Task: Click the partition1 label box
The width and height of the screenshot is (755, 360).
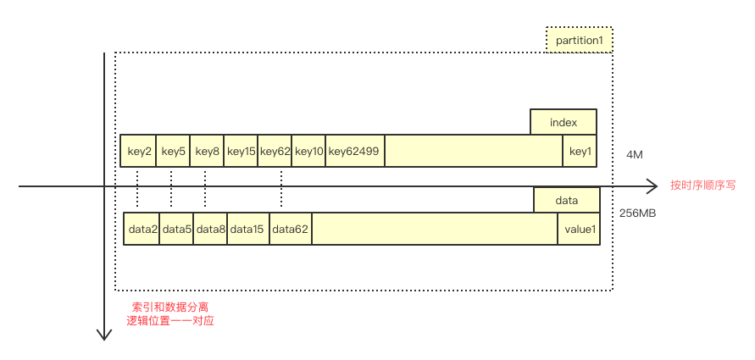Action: click(579, 40)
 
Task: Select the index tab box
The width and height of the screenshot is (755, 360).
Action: click(563, 122)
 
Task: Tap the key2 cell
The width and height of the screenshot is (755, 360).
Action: click(139, 151)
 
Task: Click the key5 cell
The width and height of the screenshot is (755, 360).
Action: click(173, 151)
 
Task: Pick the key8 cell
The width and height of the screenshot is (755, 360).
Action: click(207, 151)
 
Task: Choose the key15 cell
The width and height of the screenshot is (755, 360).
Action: click(241, 151)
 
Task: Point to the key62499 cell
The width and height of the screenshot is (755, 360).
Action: click(354, 151)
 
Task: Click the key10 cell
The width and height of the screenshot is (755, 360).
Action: click(308, 151)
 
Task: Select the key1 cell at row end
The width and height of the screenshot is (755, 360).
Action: click(580, 151)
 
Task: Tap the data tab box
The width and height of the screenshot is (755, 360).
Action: click(566, 201)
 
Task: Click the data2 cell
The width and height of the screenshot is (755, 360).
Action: click(142, 229)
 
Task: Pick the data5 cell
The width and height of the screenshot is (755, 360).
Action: click(176, 229)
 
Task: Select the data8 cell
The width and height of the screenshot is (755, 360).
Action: click(210, 229)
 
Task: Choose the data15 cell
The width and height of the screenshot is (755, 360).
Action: click(248, 229)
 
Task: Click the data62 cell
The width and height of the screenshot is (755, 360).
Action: click(291, 229)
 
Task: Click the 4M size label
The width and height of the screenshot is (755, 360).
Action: click(635, 155)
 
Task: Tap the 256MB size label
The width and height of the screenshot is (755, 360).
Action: click(638, 213)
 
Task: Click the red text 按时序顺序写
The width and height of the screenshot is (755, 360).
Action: click(702, 186)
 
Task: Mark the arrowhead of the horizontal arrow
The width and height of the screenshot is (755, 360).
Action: click(652, 186)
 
